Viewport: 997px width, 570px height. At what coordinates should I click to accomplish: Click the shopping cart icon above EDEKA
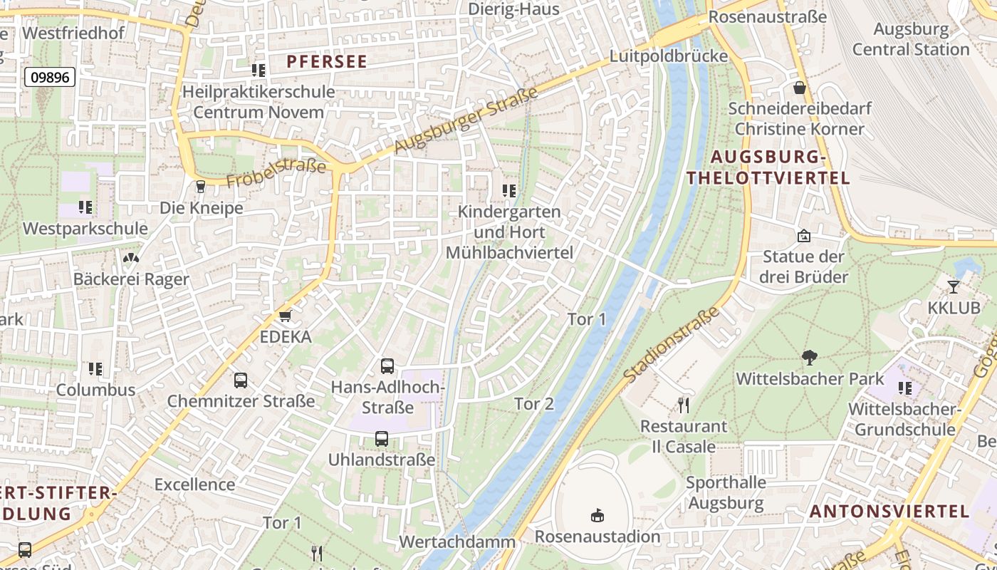286,316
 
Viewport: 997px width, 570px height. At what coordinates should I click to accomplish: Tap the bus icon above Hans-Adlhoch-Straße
387,366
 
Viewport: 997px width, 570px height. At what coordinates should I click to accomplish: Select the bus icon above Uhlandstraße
382,439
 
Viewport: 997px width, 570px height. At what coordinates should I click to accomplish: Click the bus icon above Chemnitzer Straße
241,380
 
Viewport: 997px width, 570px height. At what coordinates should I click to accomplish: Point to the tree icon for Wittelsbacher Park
809,357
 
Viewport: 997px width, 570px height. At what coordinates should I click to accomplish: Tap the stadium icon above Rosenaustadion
597,515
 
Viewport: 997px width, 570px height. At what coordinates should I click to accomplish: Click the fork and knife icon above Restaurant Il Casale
684,405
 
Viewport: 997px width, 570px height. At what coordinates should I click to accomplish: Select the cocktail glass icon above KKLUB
954,286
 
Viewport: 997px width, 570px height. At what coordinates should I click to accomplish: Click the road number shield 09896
50,77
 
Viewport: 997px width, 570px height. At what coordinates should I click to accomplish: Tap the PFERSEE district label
327,62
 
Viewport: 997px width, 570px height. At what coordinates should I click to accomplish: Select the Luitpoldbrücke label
669,56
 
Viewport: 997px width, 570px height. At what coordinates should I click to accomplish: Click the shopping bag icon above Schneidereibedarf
800,88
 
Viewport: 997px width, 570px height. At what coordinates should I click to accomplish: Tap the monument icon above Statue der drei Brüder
804,235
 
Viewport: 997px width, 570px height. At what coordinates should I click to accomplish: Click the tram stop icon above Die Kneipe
200,187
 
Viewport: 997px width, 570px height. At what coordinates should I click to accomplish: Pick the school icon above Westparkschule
85,207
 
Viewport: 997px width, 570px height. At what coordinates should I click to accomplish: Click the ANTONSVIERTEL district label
889,511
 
